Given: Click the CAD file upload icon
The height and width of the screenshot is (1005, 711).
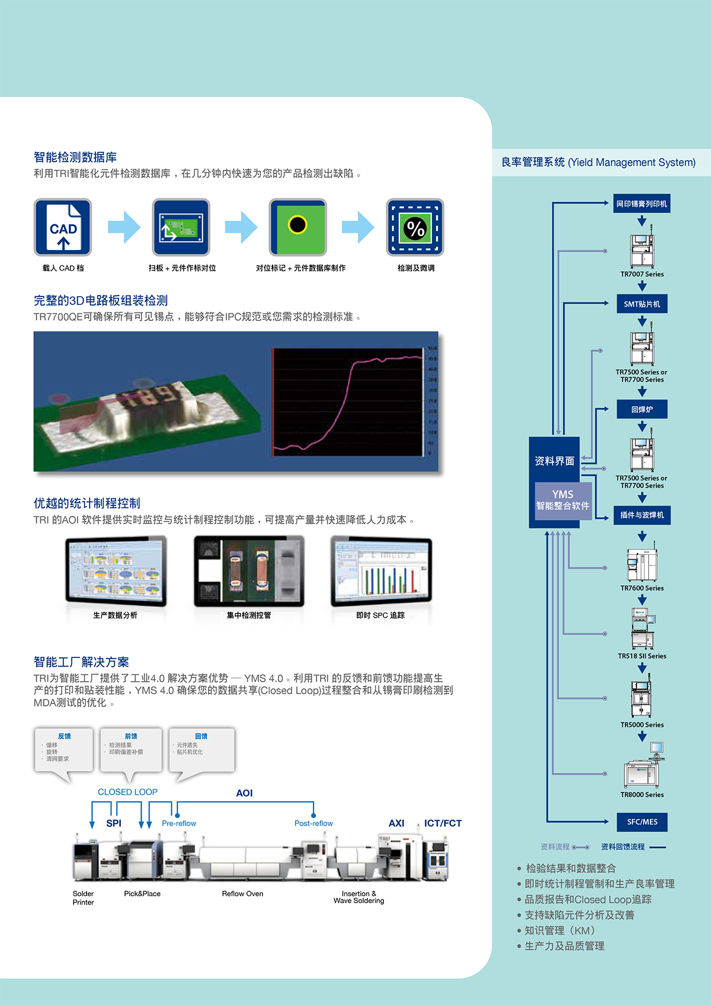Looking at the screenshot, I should pyautogui.click(x=63, y=227).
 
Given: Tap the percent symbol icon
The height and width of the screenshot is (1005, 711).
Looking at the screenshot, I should pyautogui.click(x=415, y=227).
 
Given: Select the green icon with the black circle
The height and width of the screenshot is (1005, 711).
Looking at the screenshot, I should pyautogui.click(x=298, y=227).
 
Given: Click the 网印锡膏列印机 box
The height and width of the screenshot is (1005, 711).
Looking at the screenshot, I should pyautogui.click(x=642, y=204).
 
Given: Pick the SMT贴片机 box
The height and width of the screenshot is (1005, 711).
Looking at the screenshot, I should pyautogui.click(x=642, y=304).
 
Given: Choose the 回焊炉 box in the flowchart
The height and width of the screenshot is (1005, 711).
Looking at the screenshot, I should pyautogui.click(x=642, y=409).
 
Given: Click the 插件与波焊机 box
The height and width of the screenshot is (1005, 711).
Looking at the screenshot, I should pyautogui.click(x=642, y=515).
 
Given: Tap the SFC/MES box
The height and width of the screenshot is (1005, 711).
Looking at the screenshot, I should pyautogui.click(x=642, y=822).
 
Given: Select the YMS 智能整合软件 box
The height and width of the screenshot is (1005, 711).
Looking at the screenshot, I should pyautogui.click(x=562, y=500).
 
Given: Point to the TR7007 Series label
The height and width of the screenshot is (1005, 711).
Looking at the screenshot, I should pyautogui.click(x=642, y=274).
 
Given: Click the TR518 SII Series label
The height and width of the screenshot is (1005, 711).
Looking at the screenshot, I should pyautogui.click(x=642, y=656).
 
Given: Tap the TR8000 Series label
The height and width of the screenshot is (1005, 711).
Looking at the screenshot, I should pyautogui.click(x=642, y=795).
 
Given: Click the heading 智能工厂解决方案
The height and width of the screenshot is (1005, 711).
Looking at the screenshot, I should pyautogui.click(x=81, y=662).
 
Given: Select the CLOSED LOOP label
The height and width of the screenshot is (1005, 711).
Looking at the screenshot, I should pyautogui.click(x=127, y=792).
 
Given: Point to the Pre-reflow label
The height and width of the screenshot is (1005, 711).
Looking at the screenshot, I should pyautogui.click(x=179, y=824).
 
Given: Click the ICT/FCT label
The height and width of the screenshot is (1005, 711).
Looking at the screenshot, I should pyautogui.click(x=443, y=823).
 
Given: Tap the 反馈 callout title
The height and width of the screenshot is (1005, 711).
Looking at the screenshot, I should pyautogui.click(x=65, y=736).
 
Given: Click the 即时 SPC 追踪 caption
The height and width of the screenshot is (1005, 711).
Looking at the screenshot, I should pyautogui.click(x=380, y=615).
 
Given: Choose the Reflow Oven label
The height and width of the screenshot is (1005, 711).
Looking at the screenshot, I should pyautogui.click(x=242, y=894).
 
